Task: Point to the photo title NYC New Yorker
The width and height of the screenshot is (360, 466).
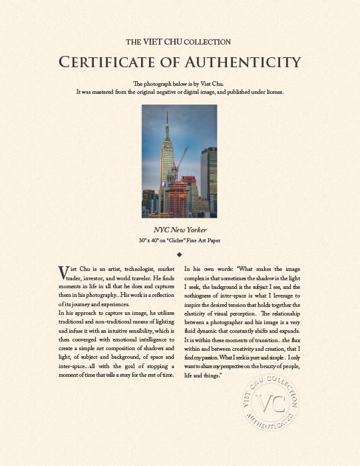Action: (180, 230)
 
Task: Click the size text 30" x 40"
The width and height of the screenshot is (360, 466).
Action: (150, 239)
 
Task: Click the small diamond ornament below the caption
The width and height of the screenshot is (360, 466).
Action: (180, 254)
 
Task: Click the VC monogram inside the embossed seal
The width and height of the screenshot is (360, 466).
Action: (270, 405)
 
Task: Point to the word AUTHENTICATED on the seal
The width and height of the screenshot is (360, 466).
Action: (269, 426)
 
